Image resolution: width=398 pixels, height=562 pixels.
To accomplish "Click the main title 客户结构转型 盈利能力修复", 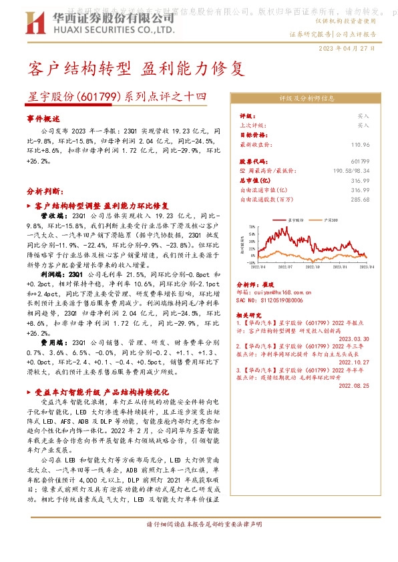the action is coord(132,68).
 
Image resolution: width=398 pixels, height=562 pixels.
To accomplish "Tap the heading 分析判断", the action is coord(45,190).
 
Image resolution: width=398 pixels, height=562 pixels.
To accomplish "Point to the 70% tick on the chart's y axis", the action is coord(250,227).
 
